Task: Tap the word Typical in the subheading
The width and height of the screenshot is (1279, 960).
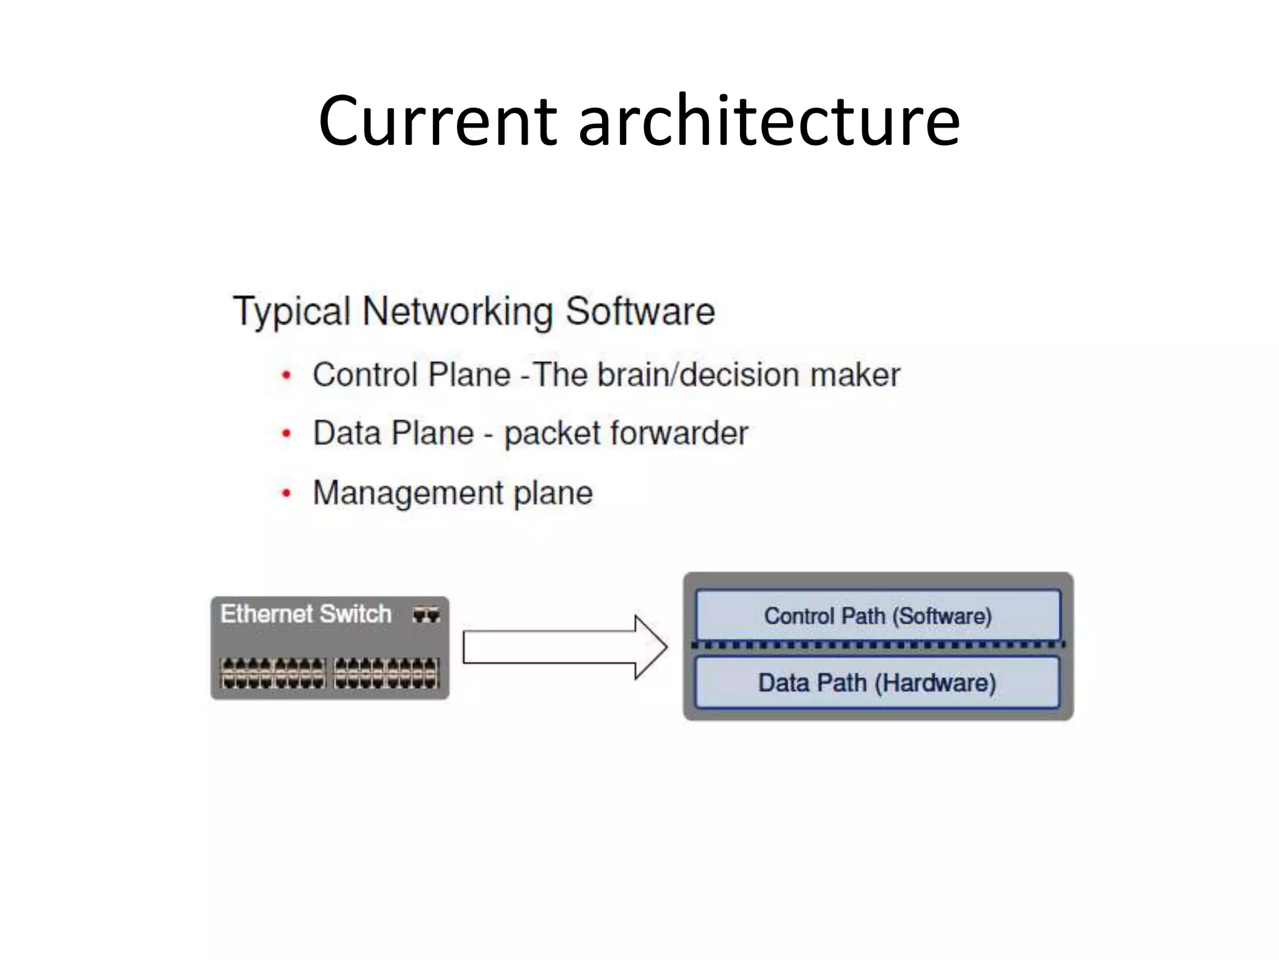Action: (x=291, y=312)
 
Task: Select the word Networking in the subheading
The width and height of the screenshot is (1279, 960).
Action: (x=458, y=312)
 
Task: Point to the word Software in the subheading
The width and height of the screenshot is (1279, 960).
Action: (x=640, y=312)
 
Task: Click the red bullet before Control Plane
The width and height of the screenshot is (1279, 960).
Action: (x=287, y=376)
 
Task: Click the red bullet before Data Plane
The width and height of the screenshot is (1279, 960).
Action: (x=287, y=434)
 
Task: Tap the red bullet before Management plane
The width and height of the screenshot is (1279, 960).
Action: (x=287, y=494)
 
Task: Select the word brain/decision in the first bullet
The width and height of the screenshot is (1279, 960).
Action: (x=698, y=376)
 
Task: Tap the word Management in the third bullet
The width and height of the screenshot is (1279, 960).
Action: (x=407, y=494)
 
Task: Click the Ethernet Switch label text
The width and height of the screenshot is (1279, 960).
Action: (x=306, y=614)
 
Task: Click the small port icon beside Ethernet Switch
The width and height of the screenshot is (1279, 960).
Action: (x=426, y=615)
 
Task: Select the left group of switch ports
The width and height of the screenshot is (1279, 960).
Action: (x=274, y=673)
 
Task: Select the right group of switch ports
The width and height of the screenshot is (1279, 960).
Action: (x=387, y=673)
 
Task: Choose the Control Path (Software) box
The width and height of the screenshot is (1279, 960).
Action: (x=877, y=615)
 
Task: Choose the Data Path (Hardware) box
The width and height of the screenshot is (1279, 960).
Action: (x=877, y=682)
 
